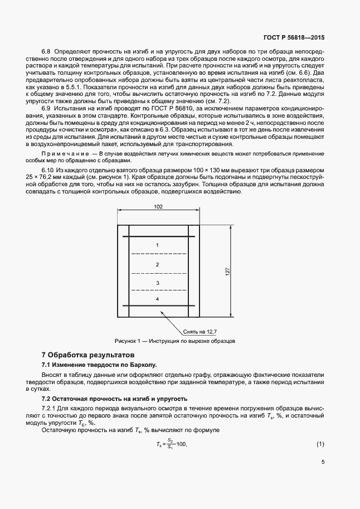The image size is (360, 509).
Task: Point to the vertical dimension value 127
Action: [x=227, y=272]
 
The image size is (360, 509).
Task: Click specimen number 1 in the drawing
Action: [x=158, y=245]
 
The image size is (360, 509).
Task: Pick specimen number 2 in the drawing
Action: [x=158, y=264]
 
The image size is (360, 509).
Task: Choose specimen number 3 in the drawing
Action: [x=158, y=283]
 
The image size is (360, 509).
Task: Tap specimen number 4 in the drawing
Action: [x=158, y=299]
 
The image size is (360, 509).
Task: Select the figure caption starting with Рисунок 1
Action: [x=175, y=340]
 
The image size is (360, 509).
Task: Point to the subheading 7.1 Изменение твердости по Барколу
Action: [x=100, y=365]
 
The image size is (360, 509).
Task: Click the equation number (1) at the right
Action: [x=320, y=444]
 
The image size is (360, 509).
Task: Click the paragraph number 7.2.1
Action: [x=51, y=409]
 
